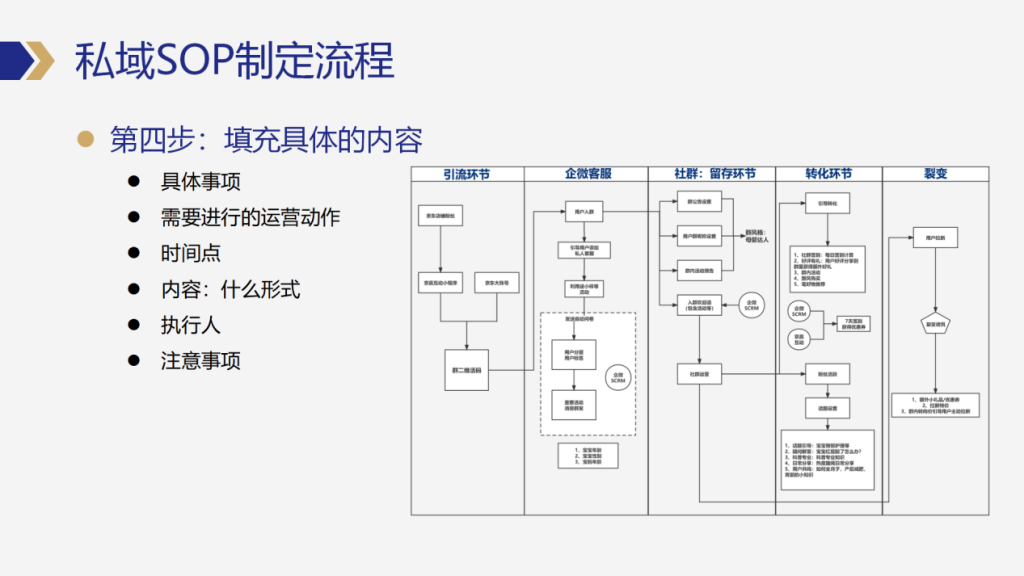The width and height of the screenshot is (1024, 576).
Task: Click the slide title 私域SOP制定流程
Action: point(235,62)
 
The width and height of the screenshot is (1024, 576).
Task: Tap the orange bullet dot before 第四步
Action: point(87,139)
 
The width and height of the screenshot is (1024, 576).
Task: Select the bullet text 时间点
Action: point(191,254)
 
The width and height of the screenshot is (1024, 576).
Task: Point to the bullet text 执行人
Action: point(190,325)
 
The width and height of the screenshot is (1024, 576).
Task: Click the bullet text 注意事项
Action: point(201,360)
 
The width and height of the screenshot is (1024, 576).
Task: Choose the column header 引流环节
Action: point(467,174)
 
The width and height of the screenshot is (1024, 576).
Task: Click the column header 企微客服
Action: point(586,174)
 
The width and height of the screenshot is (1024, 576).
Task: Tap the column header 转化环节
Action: point(828,174)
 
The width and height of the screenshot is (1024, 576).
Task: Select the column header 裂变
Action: point(935,174)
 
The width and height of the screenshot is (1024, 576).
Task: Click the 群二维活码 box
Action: point(466,370)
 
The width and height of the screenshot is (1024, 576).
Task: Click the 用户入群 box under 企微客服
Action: point(585,212)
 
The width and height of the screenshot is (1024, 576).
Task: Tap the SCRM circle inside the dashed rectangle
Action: point(618,377)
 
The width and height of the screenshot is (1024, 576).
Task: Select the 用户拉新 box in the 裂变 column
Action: point(935,239)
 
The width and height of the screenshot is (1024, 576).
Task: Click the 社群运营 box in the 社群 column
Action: point(699,375)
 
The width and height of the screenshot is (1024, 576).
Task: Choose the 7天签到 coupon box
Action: point(854,323)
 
